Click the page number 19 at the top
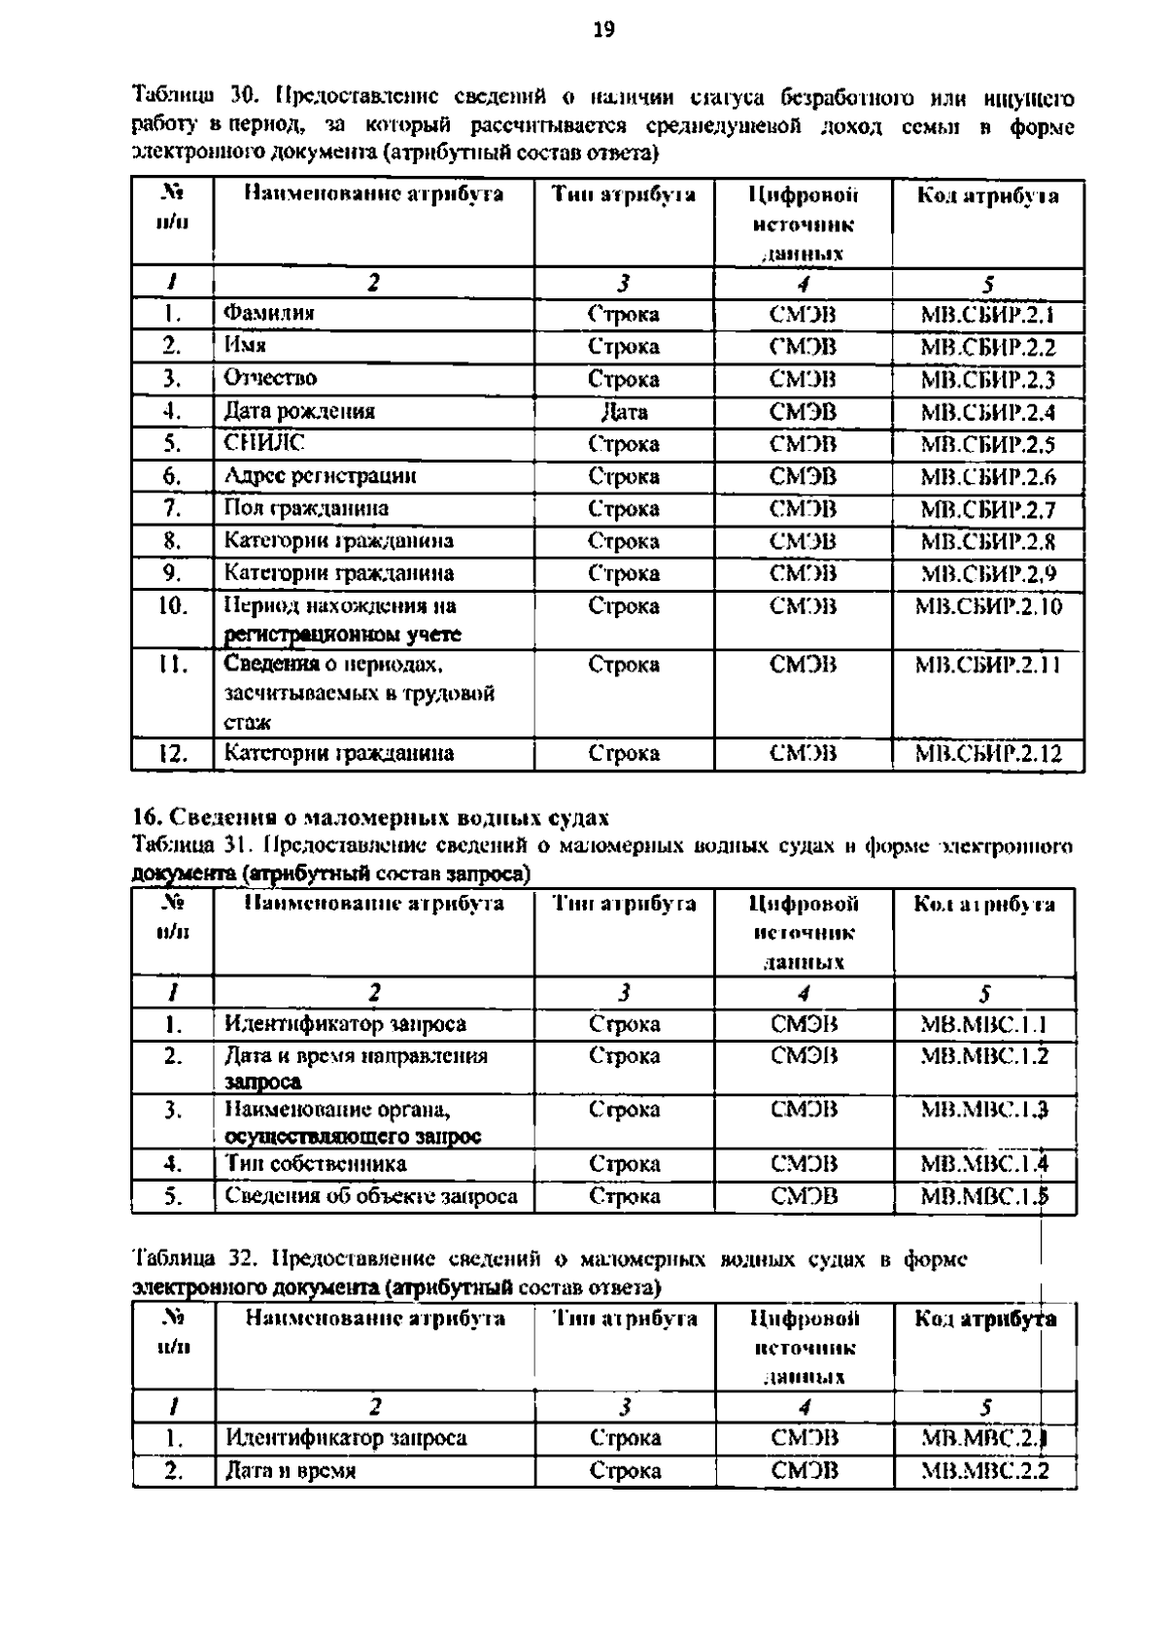click(603, 30)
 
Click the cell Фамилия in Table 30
click(269, 314)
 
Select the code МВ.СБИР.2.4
click(987, 412)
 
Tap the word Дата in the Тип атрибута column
click(624, 412)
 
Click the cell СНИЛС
click(264, 443)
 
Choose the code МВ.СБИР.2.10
click(988, 606)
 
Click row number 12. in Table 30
click(173, 753)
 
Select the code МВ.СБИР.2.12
click(988, 753)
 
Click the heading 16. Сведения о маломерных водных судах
click(369, 815)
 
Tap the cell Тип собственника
click(315, 1164)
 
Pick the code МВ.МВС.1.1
click(984, 1024)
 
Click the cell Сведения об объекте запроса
click(371, 1196)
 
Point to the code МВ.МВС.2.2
click(984, 1471)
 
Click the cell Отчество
click(270, 378)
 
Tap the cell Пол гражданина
click(306, 508)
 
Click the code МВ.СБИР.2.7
click(987, 509)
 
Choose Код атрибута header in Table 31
click(984, 905)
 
